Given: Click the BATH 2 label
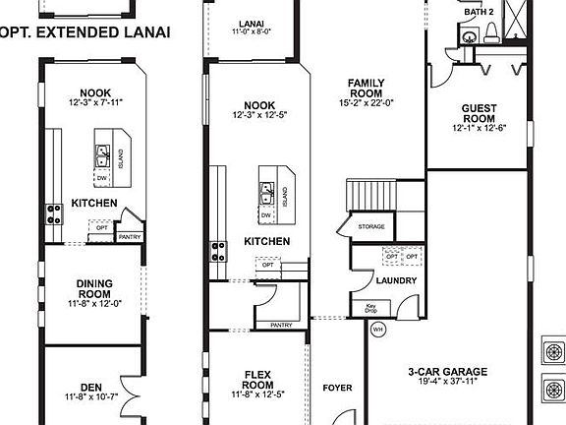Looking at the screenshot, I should [478, 11].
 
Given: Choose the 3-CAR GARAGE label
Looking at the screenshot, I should [450, 373].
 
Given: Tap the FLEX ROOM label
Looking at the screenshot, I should [264, 380].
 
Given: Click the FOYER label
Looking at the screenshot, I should [337, 388].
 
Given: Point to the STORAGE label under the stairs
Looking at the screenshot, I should [370, 227].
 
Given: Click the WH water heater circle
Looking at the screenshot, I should [377, 331].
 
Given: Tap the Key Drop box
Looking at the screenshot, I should [371, 307].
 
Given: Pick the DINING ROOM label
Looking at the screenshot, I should [94, 289].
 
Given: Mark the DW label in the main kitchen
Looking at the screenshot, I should [266, 214].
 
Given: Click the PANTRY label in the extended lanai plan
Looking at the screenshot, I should [129, 237].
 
